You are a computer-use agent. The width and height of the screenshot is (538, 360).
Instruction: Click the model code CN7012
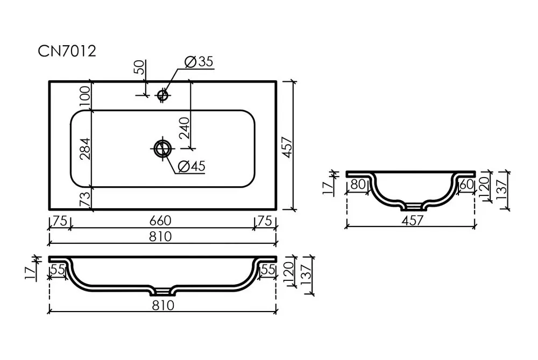[67, 52]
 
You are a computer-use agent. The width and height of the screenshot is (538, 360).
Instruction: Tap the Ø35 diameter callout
[199, 62]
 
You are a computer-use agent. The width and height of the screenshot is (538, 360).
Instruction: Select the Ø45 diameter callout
[192, 166]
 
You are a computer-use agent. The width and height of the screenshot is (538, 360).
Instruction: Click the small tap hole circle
[162, 95]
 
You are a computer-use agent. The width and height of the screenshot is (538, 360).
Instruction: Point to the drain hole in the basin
[162, 149]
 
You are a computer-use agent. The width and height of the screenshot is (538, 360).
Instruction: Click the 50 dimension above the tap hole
[140, 67]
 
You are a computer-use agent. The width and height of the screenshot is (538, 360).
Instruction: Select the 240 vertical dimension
[184, 128]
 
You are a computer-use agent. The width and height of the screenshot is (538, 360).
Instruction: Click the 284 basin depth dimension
[85, 149]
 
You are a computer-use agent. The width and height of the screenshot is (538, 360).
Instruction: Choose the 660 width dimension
[160, 221]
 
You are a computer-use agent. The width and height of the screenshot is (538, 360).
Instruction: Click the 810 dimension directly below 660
[160, 236]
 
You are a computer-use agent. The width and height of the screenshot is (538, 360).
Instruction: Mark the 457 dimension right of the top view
[287, 147]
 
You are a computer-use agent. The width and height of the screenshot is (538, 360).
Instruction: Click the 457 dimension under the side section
[412, 220]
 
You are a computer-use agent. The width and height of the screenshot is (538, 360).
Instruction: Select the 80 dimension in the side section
[358, 184]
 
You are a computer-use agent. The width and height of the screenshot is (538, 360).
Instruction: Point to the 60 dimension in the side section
[466, 184]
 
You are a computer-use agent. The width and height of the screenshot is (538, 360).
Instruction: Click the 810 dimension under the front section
[163, 306]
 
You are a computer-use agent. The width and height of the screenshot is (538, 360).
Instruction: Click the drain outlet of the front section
[162, 292]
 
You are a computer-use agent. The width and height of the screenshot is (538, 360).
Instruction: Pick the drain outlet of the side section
[413, 206]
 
